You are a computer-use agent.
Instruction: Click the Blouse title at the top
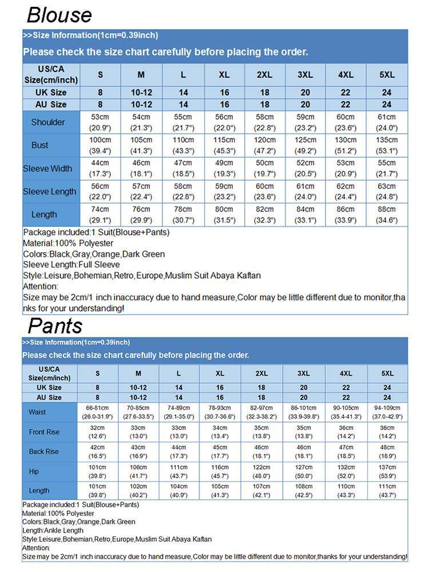click(x=59, y=14)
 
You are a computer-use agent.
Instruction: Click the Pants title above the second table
click(x=55, y=325)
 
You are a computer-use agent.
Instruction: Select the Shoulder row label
click(x=48, y=122)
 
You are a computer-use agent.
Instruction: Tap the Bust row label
click(x=40, y=145)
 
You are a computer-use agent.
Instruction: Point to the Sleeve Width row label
click(x=48, y=169)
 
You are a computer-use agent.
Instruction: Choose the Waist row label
click(x=37, y=412)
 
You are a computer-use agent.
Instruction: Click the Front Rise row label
click(x=44, y=432)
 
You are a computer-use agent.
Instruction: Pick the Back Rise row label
click(x=44, y=451)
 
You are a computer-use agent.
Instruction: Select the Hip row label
click(x=34, y=471)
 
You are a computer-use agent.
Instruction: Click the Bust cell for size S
click(x=101, y=145)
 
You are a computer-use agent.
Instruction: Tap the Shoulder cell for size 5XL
click(x=387, y=122)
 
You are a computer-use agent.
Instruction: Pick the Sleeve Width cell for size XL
click(x=224, y=169)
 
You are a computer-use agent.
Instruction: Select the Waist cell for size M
click(x=138, y=412)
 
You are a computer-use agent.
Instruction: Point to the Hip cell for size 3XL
click(x=303, y=471)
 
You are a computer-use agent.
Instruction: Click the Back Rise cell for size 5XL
click(x=387, y=451)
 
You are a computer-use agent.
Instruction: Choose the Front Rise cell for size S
click(x=98, y=432)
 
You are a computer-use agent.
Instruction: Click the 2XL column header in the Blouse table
click(x=264, y=75)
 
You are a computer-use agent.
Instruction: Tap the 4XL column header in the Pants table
click(x=345, y=374)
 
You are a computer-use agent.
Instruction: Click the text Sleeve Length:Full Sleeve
click(x=71, y=265)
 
